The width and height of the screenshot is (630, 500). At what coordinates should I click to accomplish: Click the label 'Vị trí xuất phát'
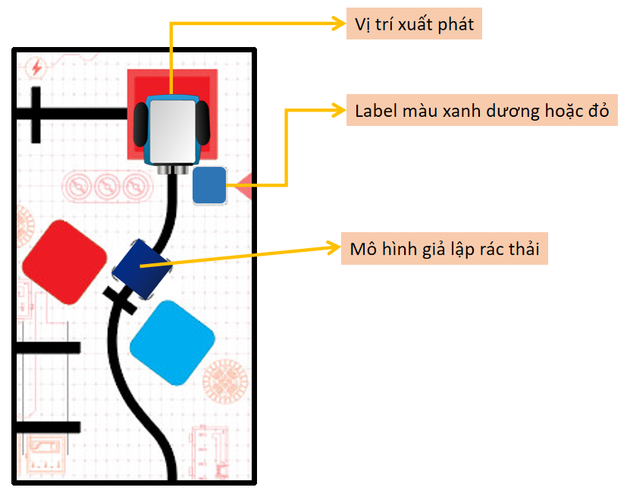pyautogui.click(x=414, y=24)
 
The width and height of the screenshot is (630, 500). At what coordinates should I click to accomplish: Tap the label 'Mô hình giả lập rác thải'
pyautogui.click(x=444, y=248)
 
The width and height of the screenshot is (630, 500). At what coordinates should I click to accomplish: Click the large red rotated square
pyautogui.click(x=64, y=262)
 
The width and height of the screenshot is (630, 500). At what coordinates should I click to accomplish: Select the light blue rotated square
pyautogui.click(x=172, y=341)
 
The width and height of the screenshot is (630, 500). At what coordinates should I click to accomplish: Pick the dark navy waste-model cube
pyautogui.click(x=142, y=268)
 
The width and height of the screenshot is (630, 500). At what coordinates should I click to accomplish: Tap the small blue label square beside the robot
pyautogui.click(x=209, y=186)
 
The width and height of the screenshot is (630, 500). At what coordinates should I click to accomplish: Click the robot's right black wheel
pyautogui.click(x=202, y=123)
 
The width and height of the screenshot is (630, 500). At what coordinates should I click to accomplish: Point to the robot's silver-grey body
pyautogui.click(x=172, y=131)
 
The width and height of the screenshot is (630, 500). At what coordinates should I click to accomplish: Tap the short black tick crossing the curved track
pyautogui.click(x=120, y=300)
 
